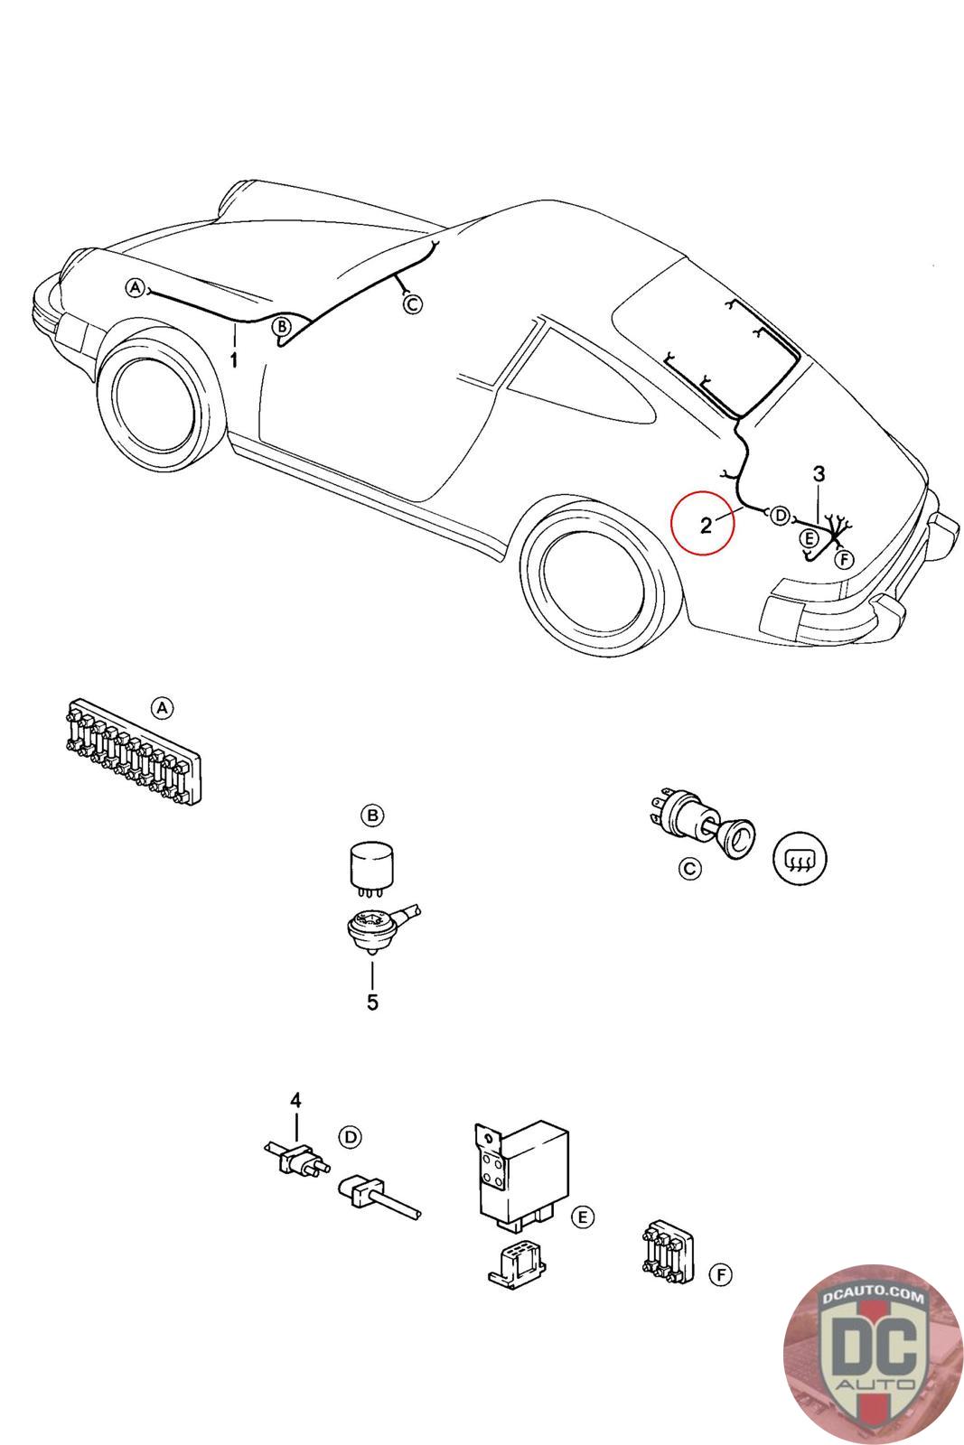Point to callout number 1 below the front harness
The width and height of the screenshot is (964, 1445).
pyautogui.click(x=234, y=360)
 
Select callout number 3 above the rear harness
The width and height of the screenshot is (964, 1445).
pyautogui.click(x=819, y=473)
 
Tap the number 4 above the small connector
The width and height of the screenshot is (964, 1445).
pyautogui.click(x=295, y=1100)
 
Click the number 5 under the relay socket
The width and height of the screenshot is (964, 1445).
pyautogui.click(x=372, y=1002)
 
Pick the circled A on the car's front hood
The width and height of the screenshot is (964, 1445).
pyautogui.click(x=136, y=288)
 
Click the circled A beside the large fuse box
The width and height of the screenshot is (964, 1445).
pyautogui.click(x=162, y=708)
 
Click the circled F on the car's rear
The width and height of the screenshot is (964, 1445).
pyautogui.click(x=844, y=560)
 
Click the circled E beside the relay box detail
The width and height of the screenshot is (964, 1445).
pyautogui.click(x=584, y=1217)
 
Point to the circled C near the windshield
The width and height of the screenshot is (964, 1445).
pyautogui.click(x=412, y=304)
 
